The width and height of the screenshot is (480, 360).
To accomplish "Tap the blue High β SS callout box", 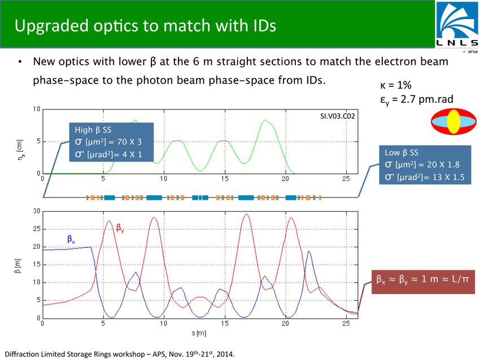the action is (x=111, y=142).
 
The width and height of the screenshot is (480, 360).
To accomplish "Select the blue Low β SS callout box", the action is (x=425, y=165).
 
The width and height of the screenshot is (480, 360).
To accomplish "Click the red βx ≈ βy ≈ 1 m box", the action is (x=423, y=282).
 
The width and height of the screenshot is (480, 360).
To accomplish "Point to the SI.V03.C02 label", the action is (x=337, y=116).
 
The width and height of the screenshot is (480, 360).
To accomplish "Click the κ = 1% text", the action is (x=395, y=85).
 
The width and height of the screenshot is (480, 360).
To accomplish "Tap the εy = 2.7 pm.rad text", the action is (x=417, y=99).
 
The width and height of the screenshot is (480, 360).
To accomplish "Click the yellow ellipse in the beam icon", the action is (x=453, y=121).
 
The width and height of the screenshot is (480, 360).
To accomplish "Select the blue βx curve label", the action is (x=71, y=239).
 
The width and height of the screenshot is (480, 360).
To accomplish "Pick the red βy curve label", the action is (x=120, y=228).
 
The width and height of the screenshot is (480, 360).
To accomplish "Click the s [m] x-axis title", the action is (x=199, y=333).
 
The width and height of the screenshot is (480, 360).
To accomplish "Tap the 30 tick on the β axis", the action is (x=37, y=211).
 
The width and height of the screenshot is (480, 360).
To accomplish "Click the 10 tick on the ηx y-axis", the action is (x=37, y=109).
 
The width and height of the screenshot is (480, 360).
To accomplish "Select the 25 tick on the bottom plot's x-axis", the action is (x=346, y=323).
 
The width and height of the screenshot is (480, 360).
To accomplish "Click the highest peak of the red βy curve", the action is (x=246, y=214).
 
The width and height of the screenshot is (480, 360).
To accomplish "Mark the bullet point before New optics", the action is (x=20, y=62).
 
